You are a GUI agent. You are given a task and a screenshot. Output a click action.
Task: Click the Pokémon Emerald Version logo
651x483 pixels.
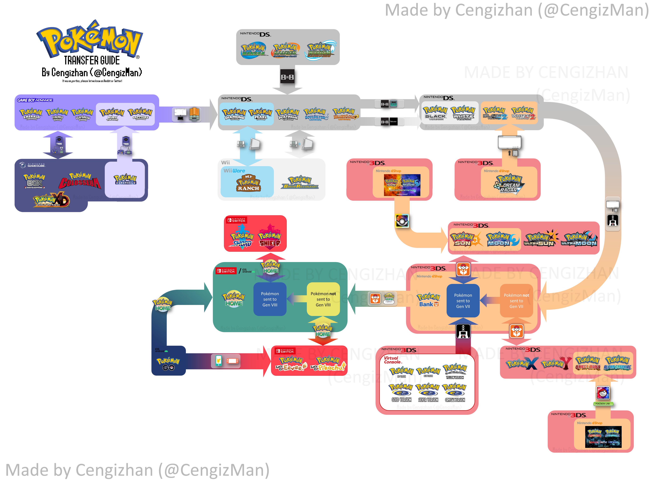tap(31, 114)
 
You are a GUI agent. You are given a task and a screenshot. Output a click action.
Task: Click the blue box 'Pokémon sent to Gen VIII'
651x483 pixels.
tap(270, 299)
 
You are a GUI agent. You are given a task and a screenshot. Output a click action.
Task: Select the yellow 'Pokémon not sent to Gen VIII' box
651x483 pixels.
tap(323, 299)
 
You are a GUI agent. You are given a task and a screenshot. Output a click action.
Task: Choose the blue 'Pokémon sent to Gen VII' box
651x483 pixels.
tap(463, 301)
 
